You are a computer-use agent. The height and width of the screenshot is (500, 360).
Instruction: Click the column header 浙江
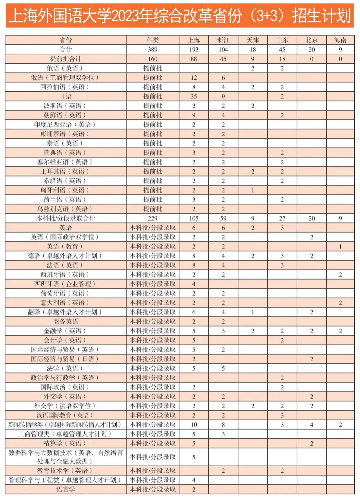(x=223, y=40)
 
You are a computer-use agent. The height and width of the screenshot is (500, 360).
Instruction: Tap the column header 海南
(x=340, y=40)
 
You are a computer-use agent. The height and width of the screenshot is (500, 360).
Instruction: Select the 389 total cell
(x=152, y=49)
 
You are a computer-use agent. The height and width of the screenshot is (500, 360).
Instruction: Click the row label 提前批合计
(x=65, y=59)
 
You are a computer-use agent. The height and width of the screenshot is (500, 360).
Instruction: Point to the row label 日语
(x=65, y=96)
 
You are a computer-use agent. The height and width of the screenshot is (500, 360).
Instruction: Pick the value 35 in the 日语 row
(x=194, y=96)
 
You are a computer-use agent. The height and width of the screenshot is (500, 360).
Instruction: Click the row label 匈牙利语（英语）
(x=65, y=190)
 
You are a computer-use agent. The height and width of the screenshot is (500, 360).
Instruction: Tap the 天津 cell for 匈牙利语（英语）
(x=253, y=190)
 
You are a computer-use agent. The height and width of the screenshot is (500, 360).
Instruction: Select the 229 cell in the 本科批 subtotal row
(x=152, y=218)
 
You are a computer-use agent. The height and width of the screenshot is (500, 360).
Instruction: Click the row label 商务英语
(x=65, y=322)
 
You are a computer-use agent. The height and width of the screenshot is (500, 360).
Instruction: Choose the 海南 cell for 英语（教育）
(x=340, y=246)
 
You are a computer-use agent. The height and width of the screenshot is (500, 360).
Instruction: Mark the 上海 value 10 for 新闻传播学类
(x=194, y=425)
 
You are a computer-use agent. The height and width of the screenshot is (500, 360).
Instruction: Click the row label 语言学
(x=65, y=489)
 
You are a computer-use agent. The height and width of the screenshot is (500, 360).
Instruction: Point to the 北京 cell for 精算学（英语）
(x=311, y=443)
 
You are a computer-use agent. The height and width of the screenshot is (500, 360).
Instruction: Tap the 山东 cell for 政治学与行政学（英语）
(x=282, y=378)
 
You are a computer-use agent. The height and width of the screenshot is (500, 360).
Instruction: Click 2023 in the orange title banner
(x=125, y=16)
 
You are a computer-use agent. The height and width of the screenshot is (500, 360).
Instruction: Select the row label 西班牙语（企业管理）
(x=65, y=284)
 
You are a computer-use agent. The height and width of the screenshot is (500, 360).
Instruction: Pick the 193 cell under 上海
(x=194, y=49)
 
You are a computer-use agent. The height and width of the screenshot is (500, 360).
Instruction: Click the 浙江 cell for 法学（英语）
(x=223, y=369)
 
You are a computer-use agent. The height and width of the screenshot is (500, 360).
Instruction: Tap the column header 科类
(x=152, y=40)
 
